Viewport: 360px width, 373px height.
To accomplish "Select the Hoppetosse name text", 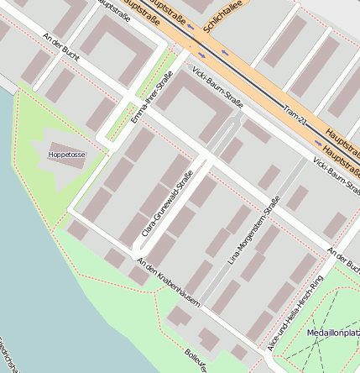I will coord(66,155).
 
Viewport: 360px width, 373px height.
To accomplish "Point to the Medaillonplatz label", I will coord(334,333).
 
